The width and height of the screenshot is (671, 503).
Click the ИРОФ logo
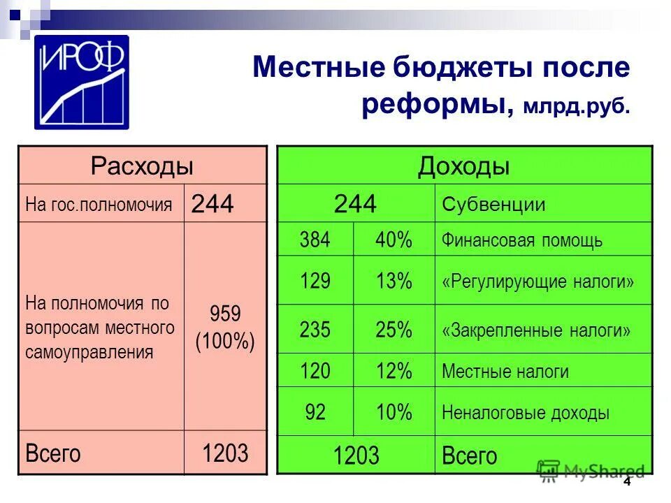(x=82, y=82)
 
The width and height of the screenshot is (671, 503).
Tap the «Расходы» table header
(x=142, y=166)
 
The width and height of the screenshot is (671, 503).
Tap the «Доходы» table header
(x=464, y=166)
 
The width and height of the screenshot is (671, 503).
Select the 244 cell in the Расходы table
(x=212, y=204)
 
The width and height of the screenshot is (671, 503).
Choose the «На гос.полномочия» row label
(x=99, y=205)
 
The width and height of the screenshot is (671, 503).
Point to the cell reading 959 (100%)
(x=224, y=326)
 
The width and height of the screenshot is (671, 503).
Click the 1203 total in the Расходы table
(x=225, y=453)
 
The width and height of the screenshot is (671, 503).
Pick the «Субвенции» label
(x=493, y=205)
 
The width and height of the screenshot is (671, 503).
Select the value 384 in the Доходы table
(x=315, y=240)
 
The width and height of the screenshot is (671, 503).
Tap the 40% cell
(x=394, y=240)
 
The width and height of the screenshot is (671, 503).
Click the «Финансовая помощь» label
(x=521, y=241)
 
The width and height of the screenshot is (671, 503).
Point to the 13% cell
(x=394, y=282)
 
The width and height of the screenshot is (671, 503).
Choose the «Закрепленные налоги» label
(x=536, y=330)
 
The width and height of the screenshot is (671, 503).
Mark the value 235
(x=315, y=330)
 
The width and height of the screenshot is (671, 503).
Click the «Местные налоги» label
(x=505, y=372)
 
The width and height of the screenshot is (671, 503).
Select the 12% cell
(x=394, y=372)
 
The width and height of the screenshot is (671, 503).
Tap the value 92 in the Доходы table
(x=315, y=412)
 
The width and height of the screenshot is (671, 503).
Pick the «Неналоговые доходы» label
(x=526, y=413)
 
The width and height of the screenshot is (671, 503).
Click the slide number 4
(x=626, y=481)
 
